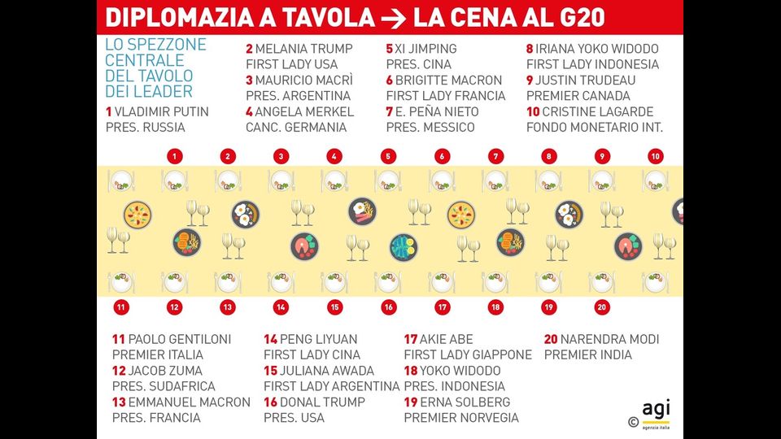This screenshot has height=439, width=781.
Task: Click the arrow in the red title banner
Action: click(394, 17)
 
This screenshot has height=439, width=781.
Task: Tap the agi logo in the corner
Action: click(656, 411)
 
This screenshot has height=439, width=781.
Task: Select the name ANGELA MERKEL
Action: click(304, 111)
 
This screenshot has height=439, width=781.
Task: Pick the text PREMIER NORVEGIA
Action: click(461, 418)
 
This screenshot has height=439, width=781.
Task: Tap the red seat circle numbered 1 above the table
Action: click(174, 156)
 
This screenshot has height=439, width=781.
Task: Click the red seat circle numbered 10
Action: click(656, 156)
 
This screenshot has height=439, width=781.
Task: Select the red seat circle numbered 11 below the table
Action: click(120, 307)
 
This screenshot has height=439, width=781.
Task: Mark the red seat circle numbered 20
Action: click(602, 307)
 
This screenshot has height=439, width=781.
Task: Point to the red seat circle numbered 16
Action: click(388, 307)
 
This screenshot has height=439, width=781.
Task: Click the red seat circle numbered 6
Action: click(442, 156)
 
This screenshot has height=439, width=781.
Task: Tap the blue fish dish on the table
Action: click(403, 247)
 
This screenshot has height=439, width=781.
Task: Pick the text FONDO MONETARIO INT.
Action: click(595, 127)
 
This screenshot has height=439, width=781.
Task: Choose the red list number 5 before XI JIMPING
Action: click(390, 49)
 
